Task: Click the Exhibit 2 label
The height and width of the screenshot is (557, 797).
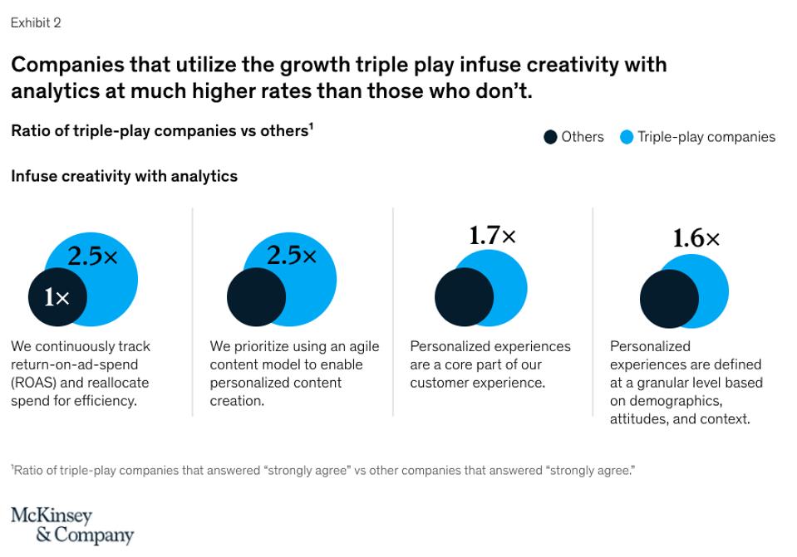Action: coord(35,23)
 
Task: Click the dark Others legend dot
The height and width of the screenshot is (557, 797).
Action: coord(550,137)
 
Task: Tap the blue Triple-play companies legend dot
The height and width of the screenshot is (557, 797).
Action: coord(627,137)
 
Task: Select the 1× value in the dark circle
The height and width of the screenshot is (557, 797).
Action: coord(57,296)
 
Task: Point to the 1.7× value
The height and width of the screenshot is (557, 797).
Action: coord(492,236)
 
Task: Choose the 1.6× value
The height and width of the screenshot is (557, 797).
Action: coord(696,239)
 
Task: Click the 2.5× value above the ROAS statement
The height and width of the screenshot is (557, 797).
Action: coord(92,257)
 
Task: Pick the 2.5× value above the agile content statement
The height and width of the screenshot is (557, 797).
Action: coord(292,255)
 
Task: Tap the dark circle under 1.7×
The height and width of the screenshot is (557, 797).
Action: coord(463,296)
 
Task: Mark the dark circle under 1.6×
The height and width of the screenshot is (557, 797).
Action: coord(667,298)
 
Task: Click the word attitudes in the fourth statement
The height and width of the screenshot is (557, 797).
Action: coord(638,419)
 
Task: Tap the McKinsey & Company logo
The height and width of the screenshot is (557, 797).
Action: coord(71,525)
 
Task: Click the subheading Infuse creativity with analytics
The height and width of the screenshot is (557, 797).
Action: coord(124,176)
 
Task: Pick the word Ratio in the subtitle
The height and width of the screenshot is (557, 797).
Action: coord(31,130)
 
